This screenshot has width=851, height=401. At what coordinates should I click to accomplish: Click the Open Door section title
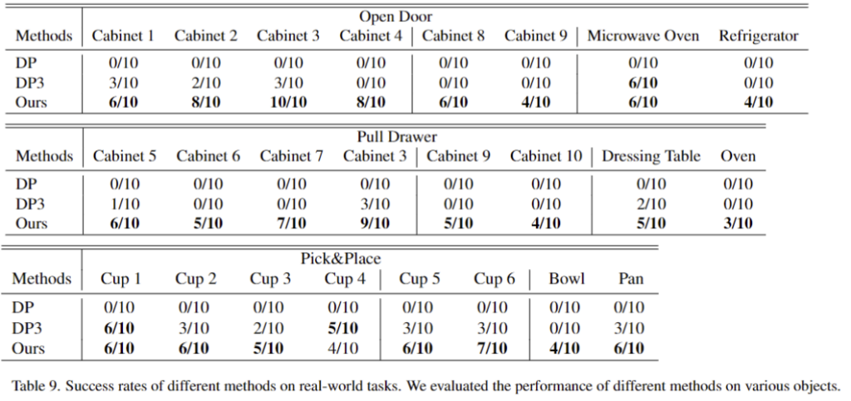tap(396, 17)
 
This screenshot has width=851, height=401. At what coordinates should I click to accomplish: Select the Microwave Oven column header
tap(643, 37)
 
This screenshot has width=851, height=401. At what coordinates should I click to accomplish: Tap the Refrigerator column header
tap(759, 37)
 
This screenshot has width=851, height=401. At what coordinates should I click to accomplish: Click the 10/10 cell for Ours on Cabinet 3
tap(288, 102)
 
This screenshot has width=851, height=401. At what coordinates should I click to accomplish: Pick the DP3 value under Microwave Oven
tap(643, 83)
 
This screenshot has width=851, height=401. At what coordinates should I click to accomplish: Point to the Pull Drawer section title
tap(396, 137)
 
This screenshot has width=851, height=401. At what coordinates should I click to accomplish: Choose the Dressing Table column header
tap(651, 157)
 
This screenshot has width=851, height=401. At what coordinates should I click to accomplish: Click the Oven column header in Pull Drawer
tap(738, 157)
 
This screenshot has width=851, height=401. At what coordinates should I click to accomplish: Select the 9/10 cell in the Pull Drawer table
tap(375, 223)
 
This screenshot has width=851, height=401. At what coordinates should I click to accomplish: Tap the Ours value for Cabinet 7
tap(292, 223)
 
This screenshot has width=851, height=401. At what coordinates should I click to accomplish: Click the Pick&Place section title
tap(341, 258)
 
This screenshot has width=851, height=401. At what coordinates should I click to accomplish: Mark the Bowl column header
tap(567, 278)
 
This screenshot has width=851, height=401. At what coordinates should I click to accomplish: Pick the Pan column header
tap(631, 278)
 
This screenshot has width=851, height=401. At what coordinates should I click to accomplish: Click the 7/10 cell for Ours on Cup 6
tap(492, 348)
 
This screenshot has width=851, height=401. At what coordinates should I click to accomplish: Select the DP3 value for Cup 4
tap(343, 328)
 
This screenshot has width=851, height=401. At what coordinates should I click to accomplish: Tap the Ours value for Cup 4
tap(343, 348)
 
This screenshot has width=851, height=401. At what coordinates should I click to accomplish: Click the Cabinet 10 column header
tap(546, 157)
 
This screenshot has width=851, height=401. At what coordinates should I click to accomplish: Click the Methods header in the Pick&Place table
tap(42, 278)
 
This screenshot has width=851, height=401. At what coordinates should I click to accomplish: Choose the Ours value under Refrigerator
tap(758, 102)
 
